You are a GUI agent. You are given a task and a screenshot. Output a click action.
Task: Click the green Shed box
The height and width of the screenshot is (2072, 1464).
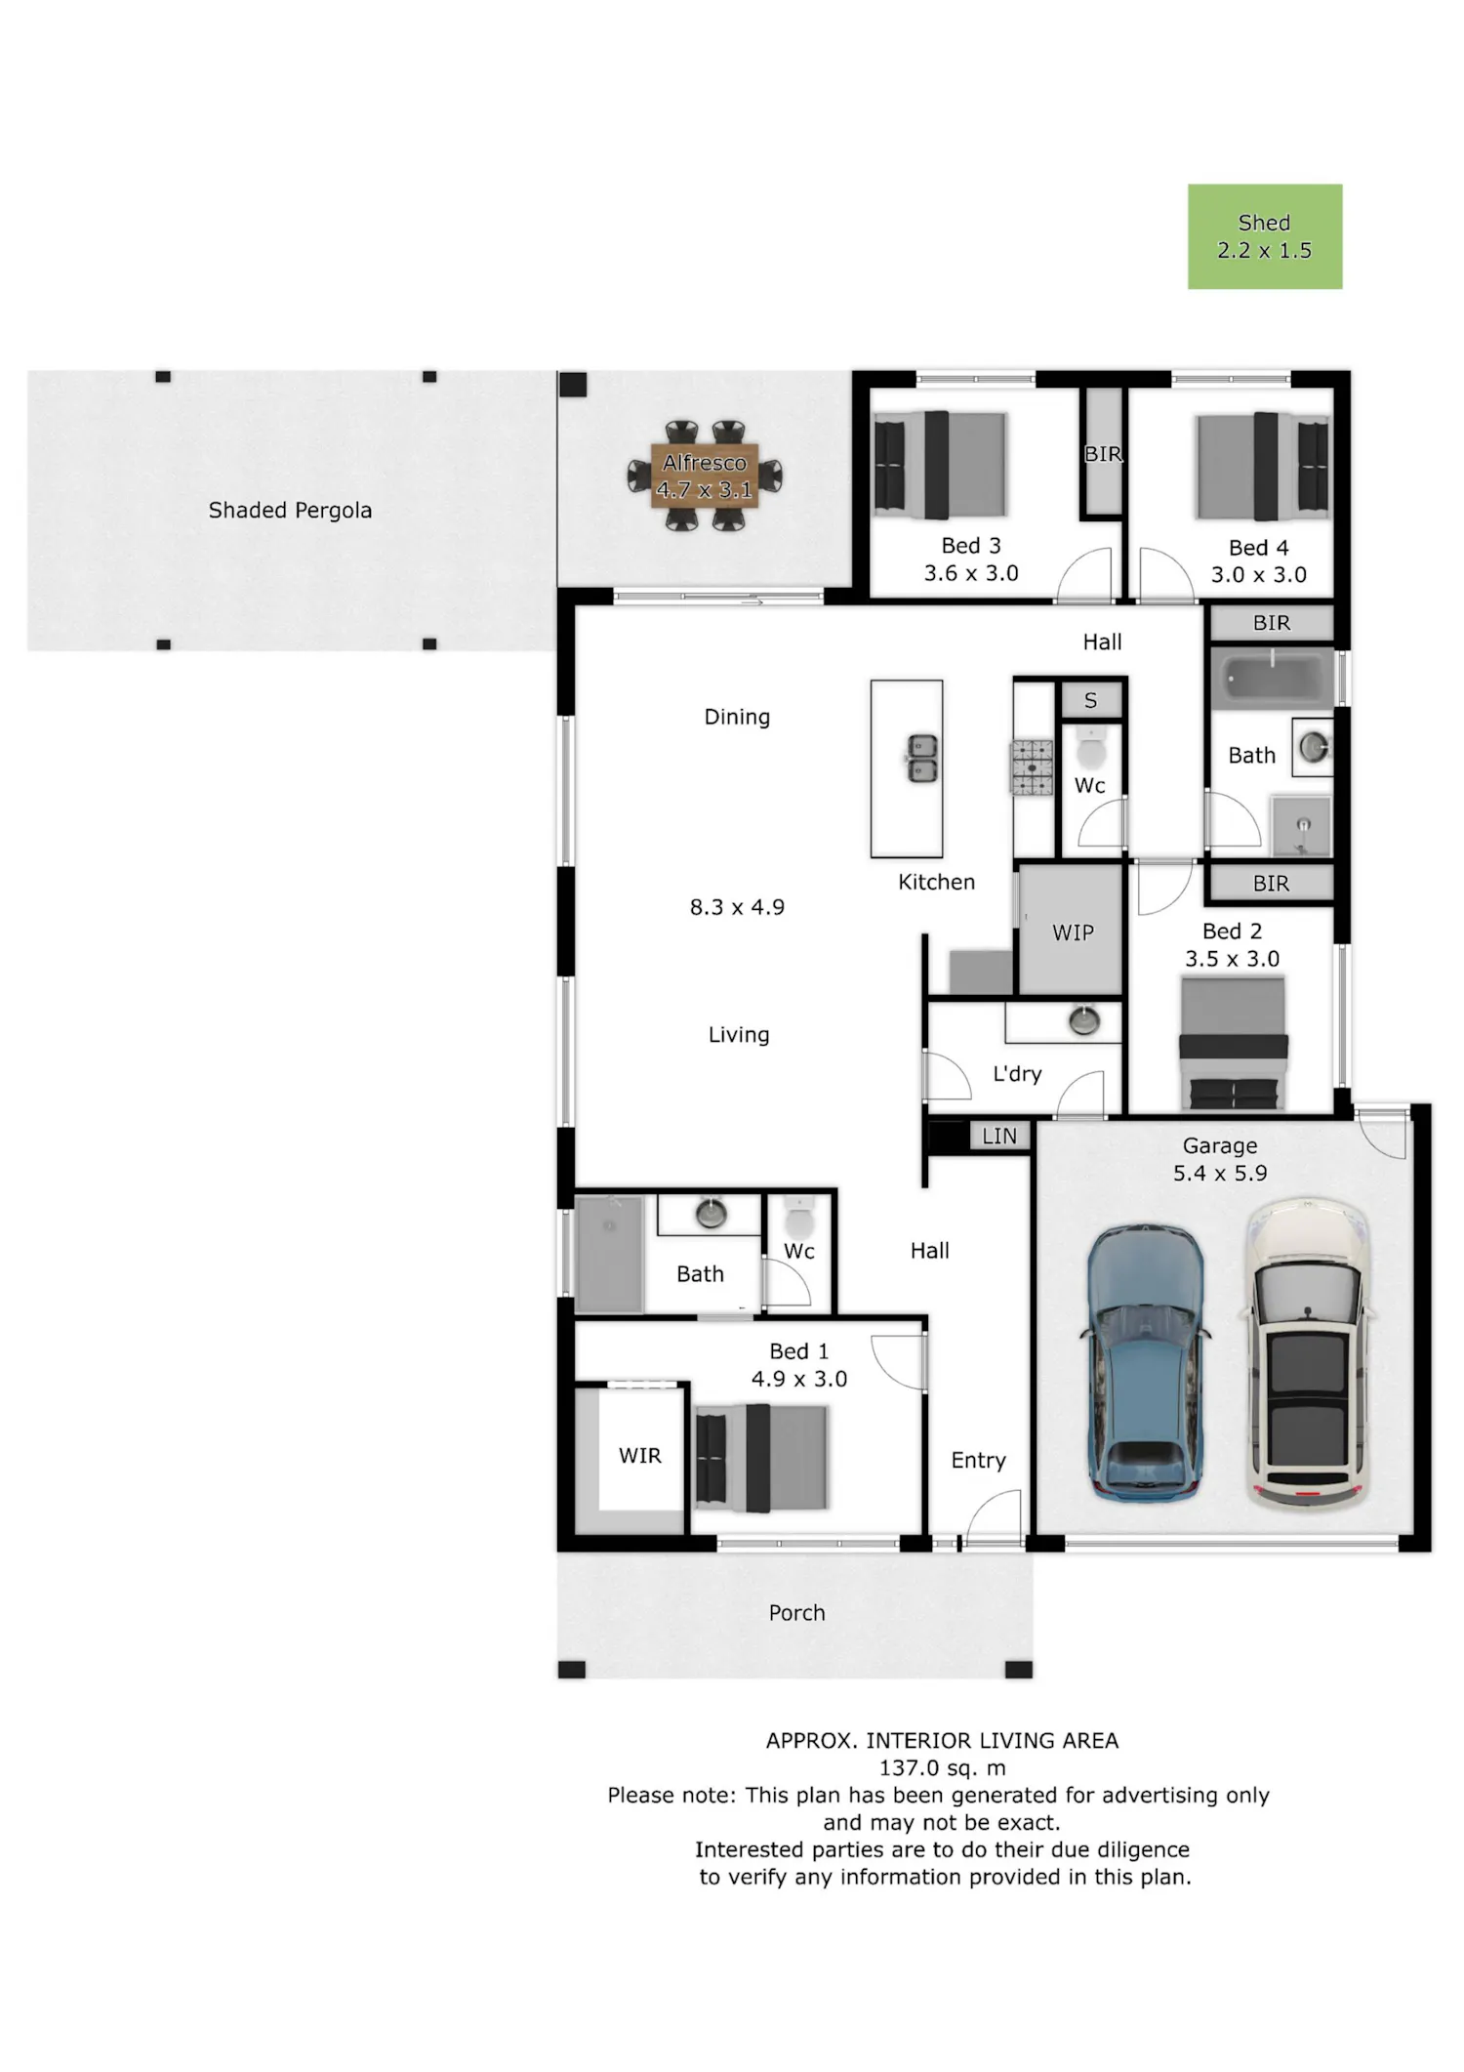(x=1265, y=236)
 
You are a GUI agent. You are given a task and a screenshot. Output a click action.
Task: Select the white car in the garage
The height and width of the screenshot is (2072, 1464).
(x=1309, y=1351)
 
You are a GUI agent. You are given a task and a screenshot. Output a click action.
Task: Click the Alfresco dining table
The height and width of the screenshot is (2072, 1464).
(x=705, y=476)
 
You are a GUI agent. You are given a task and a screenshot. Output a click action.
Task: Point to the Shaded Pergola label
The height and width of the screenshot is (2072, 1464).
(x=290, y=510)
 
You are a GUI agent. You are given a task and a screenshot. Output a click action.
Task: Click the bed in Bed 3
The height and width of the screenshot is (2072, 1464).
(x=940, y=465)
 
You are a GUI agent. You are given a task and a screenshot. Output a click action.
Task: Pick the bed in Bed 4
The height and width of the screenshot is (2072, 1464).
(x=1262, y=466)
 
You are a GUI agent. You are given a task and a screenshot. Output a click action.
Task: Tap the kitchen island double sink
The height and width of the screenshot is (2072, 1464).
(x=922, y=759)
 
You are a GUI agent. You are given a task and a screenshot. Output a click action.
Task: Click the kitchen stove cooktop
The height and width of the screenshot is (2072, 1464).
(x=1032, y=767)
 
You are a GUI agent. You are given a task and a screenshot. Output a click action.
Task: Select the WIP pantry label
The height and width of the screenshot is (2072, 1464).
(x=1073, y=932)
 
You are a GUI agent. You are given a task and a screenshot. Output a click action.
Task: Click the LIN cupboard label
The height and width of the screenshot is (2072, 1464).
(x=999, y=1136)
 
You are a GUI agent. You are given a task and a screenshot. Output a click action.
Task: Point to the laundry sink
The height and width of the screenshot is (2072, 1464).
(x=1083, y=1020)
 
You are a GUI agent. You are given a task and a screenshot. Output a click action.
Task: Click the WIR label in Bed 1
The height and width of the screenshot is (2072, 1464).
(x=640, y=1456)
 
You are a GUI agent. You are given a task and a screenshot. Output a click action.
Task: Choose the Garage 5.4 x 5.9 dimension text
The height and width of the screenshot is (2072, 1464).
(x=1220, y=1159)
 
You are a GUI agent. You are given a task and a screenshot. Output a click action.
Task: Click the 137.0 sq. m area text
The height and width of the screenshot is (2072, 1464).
(x=942, y=1767)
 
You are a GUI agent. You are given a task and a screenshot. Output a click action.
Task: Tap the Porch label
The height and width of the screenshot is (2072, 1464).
(x=797, y=1613)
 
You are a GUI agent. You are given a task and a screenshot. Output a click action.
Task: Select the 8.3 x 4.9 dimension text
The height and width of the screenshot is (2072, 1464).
(x=737, y=907)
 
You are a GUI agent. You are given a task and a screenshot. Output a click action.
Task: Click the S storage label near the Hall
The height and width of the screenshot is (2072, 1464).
(x=1091, y=700)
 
